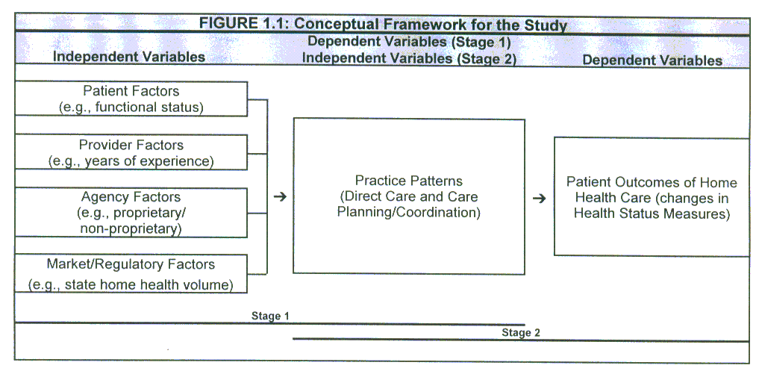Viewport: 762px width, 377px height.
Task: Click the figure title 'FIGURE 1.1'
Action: [383, 24]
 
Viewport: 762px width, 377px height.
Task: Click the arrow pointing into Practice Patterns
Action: [280, 197]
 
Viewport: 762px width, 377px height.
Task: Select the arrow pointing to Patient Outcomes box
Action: [539, 199]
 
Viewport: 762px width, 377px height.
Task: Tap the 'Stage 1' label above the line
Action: [270, 317]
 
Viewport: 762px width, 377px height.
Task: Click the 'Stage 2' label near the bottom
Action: [520, 333]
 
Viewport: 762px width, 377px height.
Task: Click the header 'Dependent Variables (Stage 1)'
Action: [409, 43]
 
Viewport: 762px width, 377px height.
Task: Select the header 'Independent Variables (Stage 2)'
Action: [409, 58]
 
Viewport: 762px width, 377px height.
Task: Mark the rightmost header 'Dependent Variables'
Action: [652, 60]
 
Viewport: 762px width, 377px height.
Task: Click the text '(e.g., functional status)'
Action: [131, 108]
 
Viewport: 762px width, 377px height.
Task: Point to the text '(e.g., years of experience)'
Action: [131, 161]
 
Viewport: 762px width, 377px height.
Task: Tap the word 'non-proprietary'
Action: [131, 229]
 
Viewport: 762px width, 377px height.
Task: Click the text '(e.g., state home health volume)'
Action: [131, 284]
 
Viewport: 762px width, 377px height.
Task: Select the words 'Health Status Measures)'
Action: [651, 214]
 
